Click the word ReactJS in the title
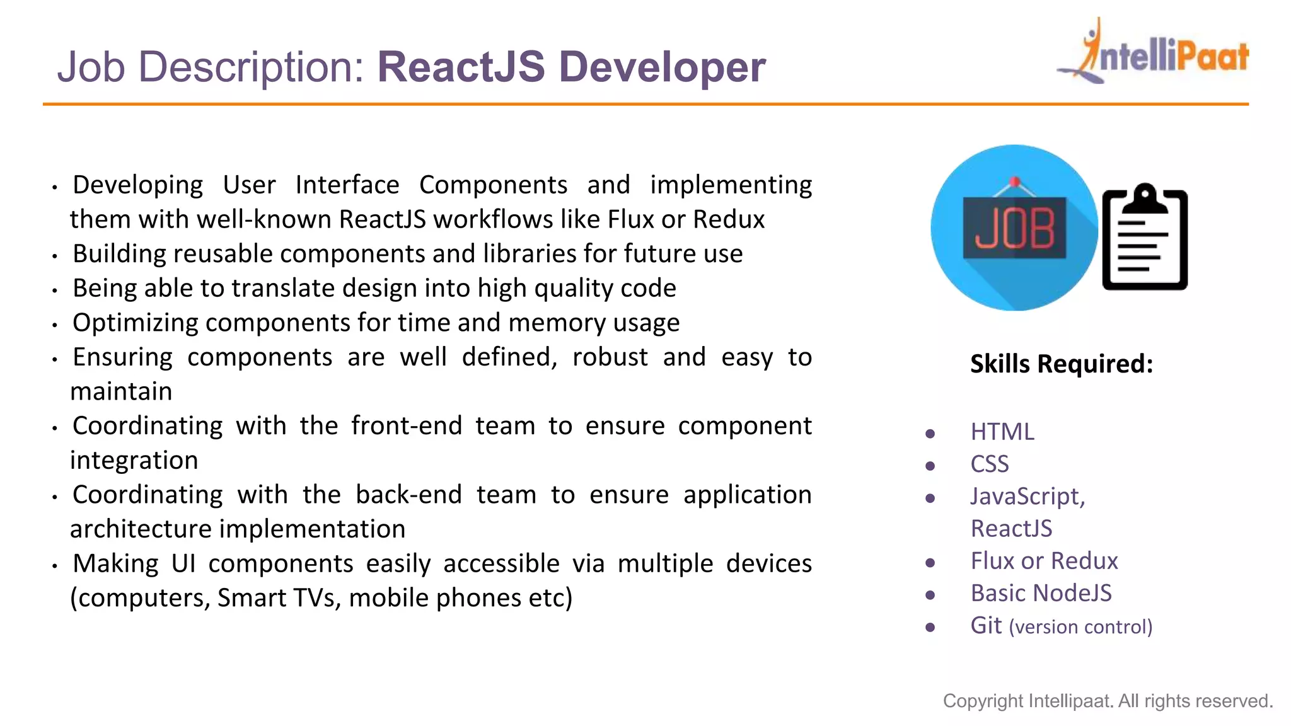point(461,67)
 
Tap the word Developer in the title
point(662,67)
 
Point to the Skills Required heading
point(1062,364)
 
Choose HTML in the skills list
point(1002,432)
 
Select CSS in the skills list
point(990,464)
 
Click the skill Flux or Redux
point(1044,561)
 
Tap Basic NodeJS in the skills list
point(1041,593)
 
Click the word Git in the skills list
point(986,625)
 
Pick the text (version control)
point(1080,627)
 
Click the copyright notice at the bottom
point(1108,701)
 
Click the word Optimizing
point(136,323)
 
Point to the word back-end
point(408,495)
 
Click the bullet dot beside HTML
point(930,434)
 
